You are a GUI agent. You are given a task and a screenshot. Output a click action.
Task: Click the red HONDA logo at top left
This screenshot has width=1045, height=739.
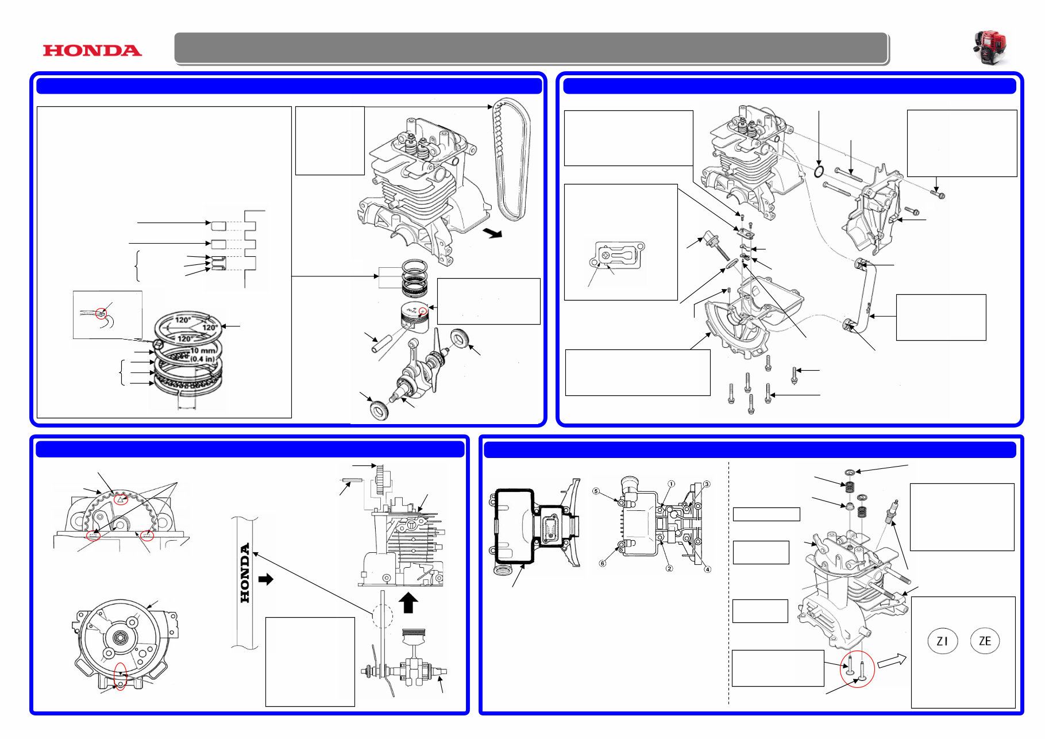click(x=92, y=51)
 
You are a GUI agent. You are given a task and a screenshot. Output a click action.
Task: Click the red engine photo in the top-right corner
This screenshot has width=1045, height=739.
click(x=990, y=47)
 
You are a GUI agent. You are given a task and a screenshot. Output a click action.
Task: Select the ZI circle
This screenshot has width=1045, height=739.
click(x=942, y=641)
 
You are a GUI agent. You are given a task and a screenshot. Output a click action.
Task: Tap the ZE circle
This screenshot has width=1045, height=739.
click(x=985, y=641)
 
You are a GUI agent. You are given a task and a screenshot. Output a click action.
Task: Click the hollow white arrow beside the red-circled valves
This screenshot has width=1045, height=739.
click(x=892, y=661)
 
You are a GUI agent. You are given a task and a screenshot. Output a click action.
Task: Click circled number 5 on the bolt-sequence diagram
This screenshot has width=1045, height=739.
click(x=596, y=491)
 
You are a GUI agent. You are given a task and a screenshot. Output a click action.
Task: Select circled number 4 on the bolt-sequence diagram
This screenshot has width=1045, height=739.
click(x=708, y=569)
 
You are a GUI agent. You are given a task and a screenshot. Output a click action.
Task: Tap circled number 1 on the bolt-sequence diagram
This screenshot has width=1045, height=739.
click(x=671, y=484)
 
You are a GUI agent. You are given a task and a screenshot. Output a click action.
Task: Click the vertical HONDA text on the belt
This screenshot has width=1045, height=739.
click(x=245, y=573)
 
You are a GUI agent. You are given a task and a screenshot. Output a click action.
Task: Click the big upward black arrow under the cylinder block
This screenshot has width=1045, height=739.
click(x=408, y=603)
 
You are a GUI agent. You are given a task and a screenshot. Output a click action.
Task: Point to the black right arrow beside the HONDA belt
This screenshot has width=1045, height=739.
click(x=266, y=579)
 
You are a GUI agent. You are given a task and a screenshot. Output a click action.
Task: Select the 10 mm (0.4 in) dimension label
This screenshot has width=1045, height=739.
click(x=202, y=355)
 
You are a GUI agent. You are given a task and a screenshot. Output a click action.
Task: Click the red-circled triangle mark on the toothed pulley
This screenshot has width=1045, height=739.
click(x=120, y=499)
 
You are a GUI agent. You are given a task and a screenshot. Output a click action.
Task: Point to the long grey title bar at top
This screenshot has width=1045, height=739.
click(x=531, y=48)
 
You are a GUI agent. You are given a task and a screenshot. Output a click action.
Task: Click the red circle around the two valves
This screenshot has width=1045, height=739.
click(x=857, y=669)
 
